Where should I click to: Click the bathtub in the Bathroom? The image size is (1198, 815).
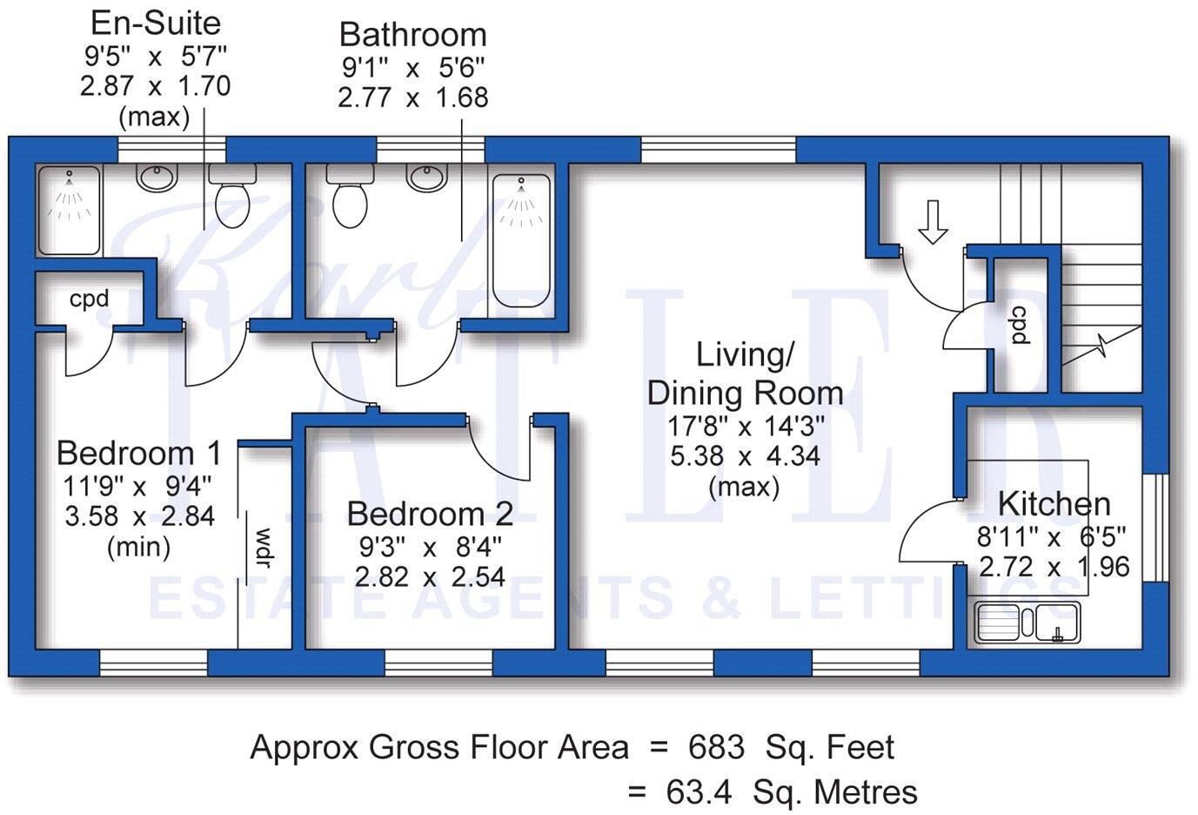[x=521, y=239]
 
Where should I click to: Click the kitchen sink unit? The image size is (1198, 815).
[x=1027, y=623]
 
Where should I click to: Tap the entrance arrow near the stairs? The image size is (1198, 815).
[x=933, y=222]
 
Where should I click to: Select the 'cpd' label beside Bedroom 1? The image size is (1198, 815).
[x=90, y=299]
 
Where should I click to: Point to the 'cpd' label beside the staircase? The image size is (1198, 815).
[x=1019, y=325]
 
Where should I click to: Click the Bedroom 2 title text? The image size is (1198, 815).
[x=430, y=514]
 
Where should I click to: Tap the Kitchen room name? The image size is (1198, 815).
[x=1054, y=503]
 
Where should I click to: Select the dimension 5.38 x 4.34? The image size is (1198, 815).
[x=745, y=455]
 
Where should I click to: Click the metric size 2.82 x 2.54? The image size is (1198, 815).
[x=430, y=576]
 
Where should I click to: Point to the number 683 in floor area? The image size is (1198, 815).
[x=716, y=747]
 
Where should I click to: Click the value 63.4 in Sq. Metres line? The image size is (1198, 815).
[x=696, y=792]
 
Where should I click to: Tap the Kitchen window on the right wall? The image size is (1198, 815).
[x=1156, y=528]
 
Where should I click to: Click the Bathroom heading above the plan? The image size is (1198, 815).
[x=412, y=35]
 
